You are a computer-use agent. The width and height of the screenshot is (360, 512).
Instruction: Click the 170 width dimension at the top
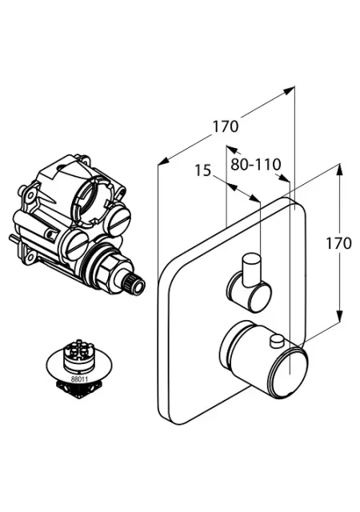click(x=226, y=126)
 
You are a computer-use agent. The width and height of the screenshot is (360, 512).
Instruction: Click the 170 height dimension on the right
click(x=338, y=243)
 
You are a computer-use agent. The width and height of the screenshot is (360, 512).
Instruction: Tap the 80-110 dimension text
click(x=256, y=164)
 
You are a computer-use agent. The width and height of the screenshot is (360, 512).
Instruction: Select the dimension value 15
click(x=203, y=170)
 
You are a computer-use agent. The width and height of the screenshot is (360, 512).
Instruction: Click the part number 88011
click(x=78, y=379)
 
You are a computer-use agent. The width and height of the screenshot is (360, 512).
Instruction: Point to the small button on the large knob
click(x=277, y=340)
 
